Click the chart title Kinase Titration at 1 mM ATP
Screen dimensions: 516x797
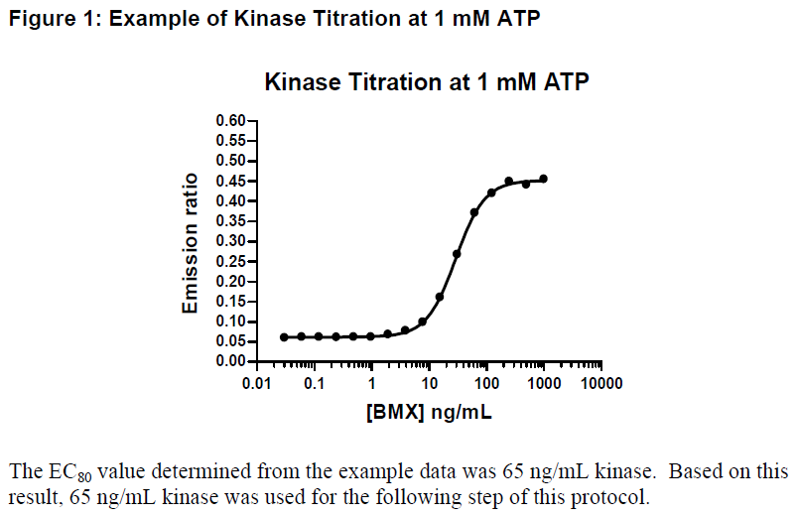coord(427,82)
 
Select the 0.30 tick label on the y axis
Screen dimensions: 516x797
coord(230,241)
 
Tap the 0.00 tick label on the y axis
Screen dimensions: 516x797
coord(230,361)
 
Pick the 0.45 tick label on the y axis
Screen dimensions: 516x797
coord(230,181)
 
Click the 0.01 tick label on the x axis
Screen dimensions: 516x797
coord(257,383)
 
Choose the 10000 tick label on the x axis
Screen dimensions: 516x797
coord(601,383)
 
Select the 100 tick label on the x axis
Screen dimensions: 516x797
coord(486,383)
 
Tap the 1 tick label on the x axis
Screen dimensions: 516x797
coord(372,383)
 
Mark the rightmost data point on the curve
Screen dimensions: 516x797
coord(543,179)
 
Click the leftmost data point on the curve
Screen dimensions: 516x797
coord(284,337)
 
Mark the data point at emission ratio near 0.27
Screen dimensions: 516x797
coord(457,254)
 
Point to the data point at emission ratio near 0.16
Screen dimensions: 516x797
coord(440,297)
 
